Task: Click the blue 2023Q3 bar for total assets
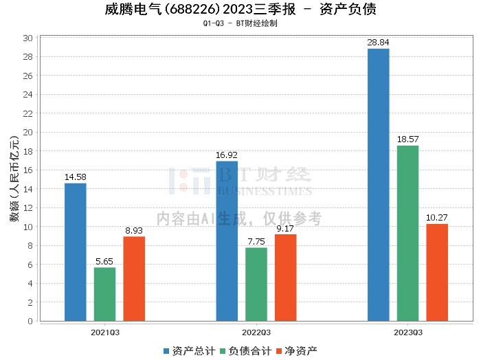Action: point(378,185)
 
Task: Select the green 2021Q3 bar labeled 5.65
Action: point(104,294)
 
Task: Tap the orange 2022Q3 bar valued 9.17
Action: point(286,278)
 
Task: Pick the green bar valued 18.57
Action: point(407,234)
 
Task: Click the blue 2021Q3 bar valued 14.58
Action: point(76,252)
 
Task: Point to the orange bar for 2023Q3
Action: point(437,273)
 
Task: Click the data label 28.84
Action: point(378,43)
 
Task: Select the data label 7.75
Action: point(256,242)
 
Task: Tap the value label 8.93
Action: point(134,231)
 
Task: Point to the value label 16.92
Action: point(227,155)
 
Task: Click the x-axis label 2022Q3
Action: point(256,333)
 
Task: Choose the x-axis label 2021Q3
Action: point(105,333)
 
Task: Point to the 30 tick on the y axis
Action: point(27,38)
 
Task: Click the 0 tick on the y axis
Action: point(30,321)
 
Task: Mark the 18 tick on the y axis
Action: point(27,151)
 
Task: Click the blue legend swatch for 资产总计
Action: point(166,351)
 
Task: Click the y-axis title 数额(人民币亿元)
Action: point(14,179)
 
